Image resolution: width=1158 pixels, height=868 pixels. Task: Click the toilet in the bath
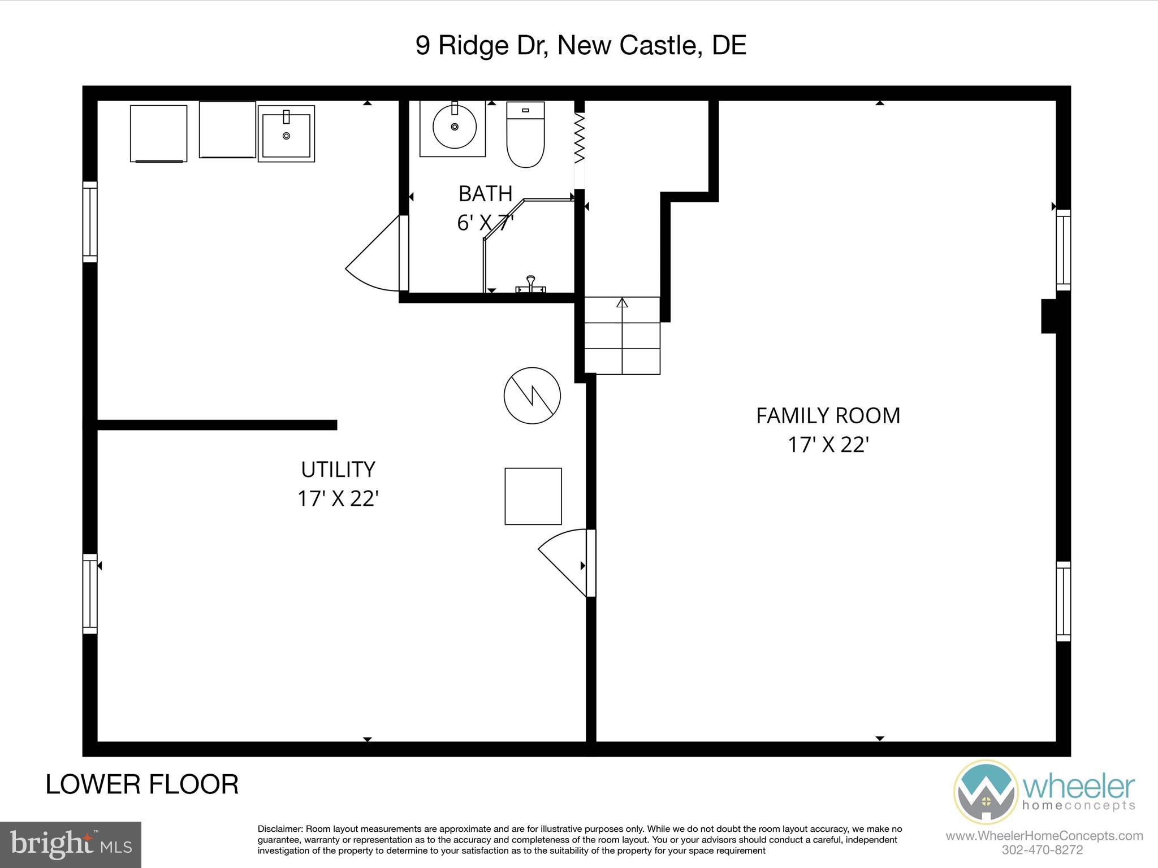pos(525,136)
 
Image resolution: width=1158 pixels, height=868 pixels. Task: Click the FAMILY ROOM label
pos(828,416)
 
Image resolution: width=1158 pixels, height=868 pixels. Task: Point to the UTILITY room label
pos(338,470)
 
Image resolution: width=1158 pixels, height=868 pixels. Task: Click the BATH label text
pos(485,194)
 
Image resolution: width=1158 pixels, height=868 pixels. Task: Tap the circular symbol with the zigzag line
pos(532,396)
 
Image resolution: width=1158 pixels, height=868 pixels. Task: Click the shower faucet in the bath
pos(530,284)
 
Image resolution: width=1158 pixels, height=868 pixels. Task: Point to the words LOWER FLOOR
pos(142,785)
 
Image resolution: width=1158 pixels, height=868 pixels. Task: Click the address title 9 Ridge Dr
pos(581,45)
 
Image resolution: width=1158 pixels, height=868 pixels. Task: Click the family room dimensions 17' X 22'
pos(828,445)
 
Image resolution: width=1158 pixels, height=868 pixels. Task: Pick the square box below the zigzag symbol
pos(533,496)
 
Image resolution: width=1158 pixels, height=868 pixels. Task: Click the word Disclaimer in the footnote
pos(280,829)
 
